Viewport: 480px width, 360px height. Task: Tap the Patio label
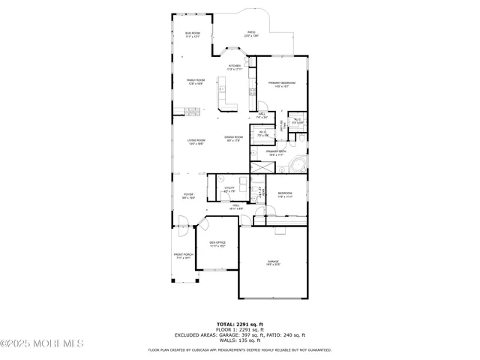(x=251, y=34)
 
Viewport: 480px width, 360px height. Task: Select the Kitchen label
(x=235, y=67)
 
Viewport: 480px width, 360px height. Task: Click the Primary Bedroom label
(x=282, y=84)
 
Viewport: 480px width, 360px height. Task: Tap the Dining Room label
(x=233, y=138)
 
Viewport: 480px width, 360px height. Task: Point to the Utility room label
(x=229, y=190)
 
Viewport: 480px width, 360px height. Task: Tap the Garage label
(x=272, y=262)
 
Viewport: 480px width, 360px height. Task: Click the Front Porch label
(x=183, y=256)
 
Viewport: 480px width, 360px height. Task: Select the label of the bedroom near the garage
(x=285, y=194)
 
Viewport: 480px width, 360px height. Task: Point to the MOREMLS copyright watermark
(x=43, y=344)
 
